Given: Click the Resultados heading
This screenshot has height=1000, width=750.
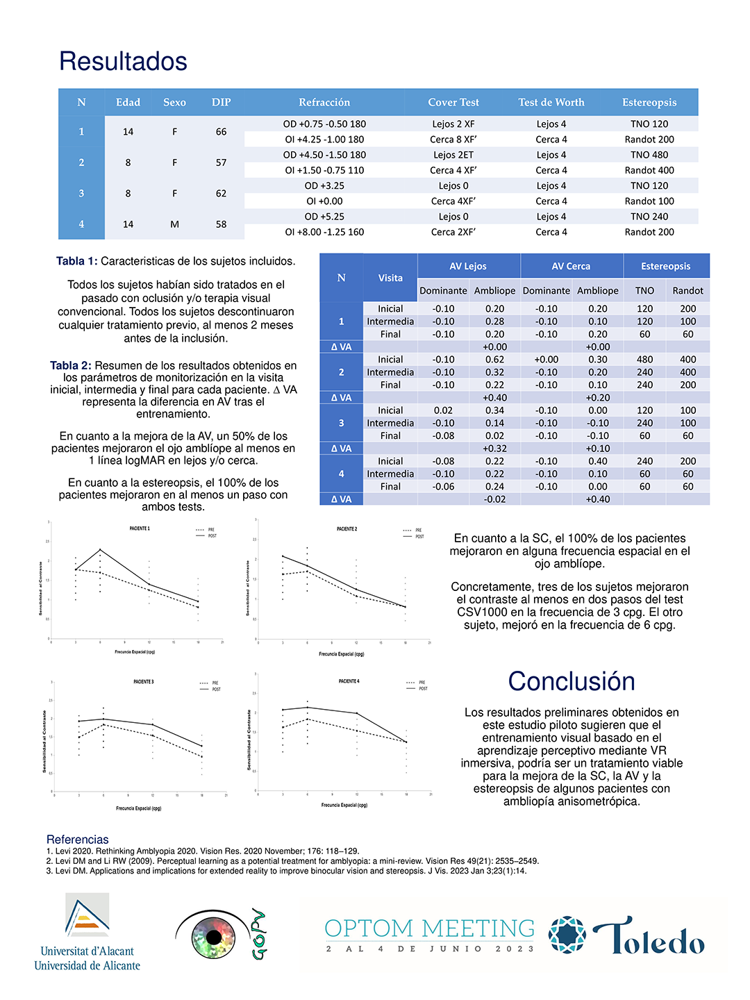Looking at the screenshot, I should click(x=123, y=62).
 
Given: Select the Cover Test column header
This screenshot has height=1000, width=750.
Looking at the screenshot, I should click(x=453, y=102).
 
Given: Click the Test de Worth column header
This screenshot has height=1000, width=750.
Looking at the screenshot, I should click(x=551, y=102).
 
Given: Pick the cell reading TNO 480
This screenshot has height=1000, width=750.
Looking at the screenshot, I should click(x=649, y=155).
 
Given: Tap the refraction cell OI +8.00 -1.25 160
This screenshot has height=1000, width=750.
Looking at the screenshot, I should click(x=324, y=232).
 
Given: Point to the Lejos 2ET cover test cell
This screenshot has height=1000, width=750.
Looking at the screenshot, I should click(x=453, y=155).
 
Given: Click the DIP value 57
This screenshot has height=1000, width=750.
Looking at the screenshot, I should click(x=221, y=162).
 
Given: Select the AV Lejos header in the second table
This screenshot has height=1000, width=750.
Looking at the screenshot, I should click(x=468, y=266).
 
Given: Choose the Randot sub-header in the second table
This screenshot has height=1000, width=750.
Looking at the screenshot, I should click(x=687, y=291).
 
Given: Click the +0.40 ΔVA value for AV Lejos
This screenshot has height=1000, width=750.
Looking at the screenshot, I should click(x=494, y=398).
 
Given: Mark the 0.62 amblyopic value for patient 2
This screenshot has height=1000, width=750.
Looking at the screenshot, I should click(x=494, y=360).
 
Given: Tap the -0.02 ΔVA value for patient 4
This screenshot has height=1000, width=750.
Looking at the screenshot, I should click(x=494, y=499).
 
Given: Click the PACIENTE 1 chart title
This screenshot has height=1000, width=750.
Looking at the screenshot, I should click(x=140, y=528).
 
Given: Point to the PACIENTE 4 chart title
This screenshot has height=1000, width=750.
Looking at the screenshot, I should click(x=349, y=681).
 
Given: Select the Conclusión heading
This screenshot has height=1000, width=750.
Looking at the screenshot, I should click(x=571, y=682).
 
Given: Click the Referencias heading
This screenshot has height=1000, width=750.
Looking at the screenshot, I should click(x=77, y=840).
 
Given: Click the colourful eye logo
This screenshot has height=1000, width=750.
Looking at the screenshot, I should click(x=214, y=937).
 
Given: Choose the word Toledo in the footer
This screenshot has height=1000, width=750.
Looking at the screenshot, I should click(x=649, y=937).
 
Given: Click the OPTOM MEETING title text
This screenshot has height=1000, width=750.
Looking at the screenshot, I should click(x=429, y=928).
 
